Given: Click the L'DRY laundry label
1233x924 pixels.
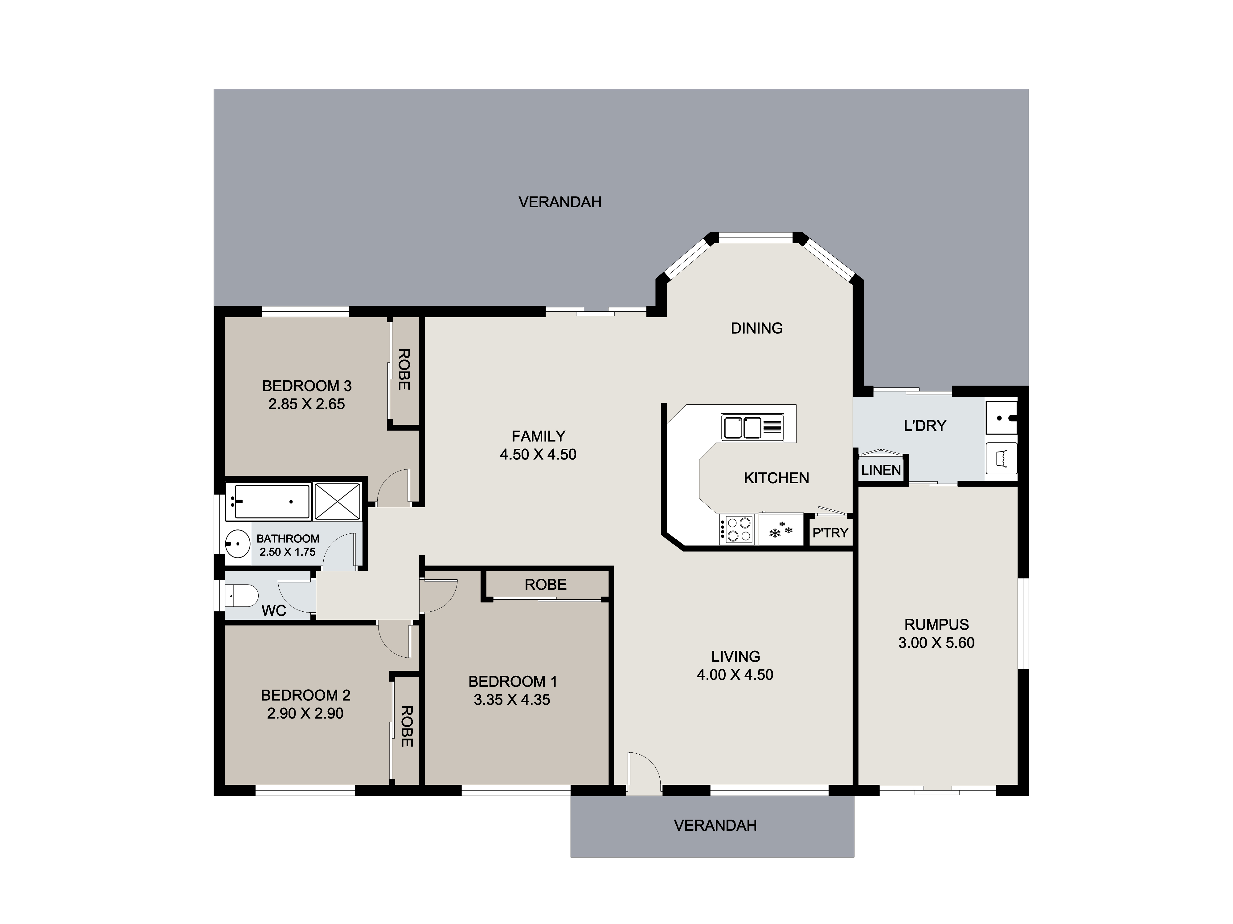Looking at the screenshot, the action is pyautogui.click(x=925, y=426).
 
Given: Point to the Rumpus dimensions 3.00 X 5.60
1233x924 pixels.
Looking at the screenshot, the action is pyautogui.click(x=936, y=643).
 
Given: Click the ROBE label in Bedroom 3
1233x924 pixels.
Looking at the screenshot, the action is pyautogui.click(x=404, y=369).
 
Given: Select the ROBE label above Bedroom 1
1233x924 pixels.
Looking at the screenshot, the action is pyautogui.click(x=545, y=584).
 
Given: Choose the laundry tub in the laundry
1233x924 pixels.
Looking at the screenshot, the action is pyautogui.click(x=1001, y=418).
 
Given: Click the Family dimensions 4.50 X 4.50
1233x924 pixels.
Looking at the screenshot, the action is pyautogui.click(x=538, y=455).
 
